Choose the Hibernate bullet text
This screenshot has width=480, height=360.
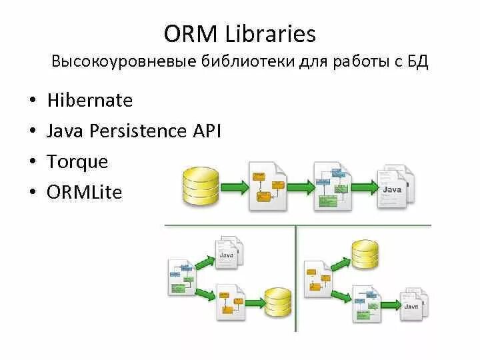coord(90,101)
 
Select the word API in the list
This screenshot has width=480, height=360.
coord(206,131)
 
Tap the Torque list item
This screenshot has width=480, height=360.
coord(77,162)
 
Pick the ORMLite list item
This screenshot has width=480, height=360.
coord(85,193)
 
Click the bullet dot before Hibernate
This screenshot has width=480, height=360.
coord(32,101)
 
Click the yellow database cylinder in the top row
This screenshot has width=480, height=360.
coord(200,185)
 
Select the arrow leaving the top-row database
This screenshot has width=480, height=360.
coord(234,185)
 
